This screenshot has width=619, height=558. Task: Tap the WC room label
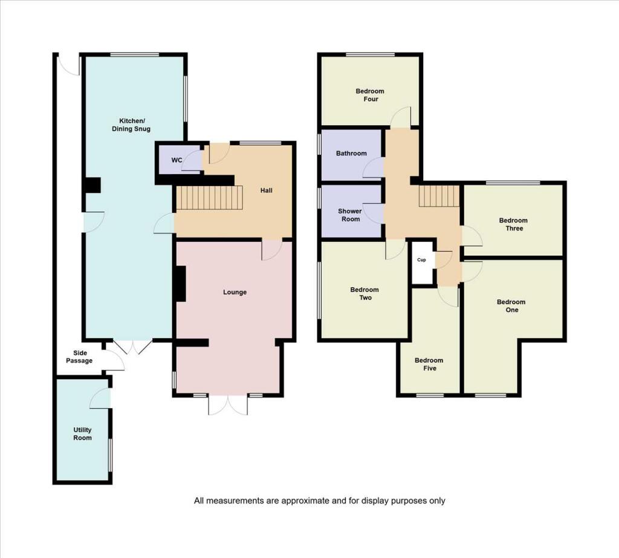point(177,160)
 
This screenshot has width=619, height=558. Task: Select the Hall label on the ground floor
point(266,190)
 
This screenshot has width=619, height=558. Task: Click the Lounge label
point(235,292)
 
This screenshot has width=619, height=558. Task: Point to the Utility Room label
point(82,433)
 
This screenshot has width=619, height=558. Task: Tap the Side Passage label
point(83,357)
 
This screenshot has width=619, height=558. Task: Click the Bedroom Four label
point(369,95)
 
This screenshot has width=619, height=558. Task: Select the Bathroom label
point(351,154)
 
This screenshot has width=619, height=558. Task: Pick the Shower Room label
point(350,215)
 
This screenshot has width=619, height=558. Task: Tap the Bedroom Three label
point(513,224)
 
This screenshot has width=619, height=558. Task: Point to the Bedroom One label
point(511,306)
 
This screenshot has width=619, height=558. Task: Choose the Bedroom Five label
point(429,364)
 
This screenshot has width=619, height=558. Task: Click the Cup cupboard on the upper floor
point(422,260)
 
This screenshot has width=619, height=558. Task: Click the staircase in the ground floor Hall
point(209,198)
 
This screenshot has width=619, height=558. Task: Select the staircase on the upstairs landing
point(439,196)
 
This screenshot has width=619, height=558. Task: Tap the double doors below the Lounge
point(228,404)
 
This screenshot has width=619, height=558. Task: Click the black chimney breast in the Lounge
point(180,284)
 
